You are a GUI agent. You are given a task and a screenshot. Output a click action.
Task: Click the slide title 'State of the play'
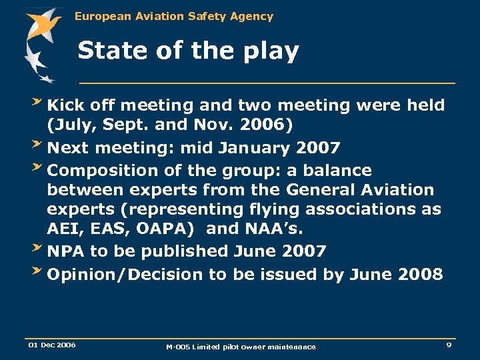[x=188, y=51]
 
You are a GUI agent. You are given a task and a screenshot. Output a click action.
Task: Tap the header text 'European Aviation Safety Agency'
[x=174, y=16]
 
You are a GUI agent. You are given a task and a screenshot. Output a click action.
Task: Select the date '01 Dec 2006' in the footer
[x=51, y=345]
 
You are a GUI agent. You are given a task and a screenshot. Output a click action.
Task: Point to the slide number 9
[x=449, y=345]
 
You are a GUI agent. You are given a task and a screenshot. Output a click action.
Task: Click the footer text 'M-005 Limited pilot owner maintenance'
[x=241, y=346]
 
